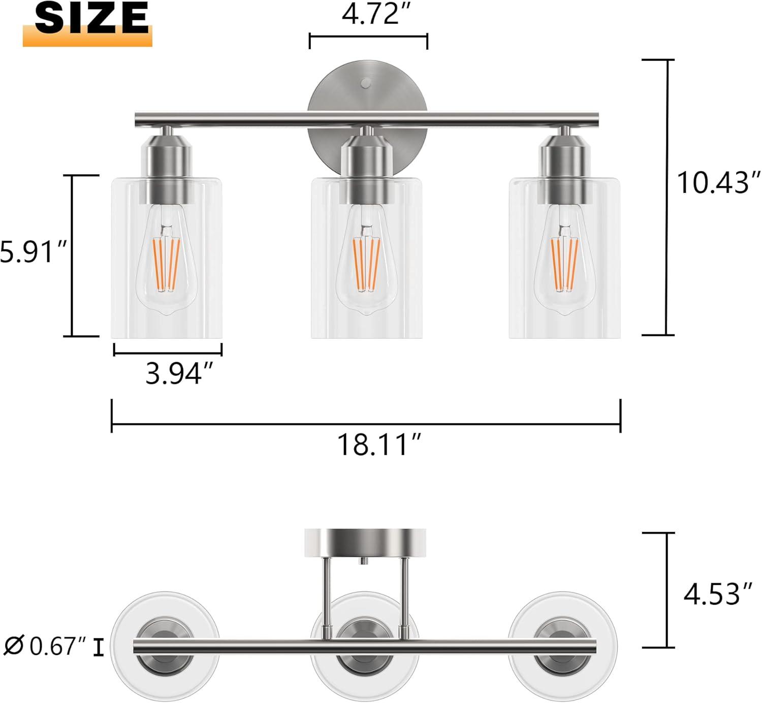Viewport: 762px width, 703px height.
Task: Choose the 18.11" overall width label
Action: pos(379,445)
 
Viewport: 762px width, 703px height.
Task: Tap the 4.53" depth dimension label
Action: pos(717,594)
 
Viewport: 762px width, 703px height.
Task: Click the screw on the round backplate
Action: pos(366,83)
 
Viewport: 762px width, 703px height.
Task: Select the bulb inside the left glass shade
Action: pos(167,264)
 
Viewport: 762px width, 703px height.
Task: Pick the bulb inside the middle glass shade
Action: pos(367,264)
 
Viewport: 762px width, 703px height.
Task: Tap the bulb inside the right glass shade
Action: pos(565,264)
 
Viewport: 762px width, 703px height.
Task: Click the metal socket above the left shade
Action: pos(168,168)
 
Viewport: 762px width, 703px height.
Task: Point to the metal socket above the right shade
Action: pos(565,168)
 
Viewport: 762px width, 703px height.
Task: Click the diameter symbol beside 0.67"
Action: pos(14,647)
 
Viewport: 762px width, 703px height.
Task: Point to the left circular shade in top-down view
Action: pos(165,620)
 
